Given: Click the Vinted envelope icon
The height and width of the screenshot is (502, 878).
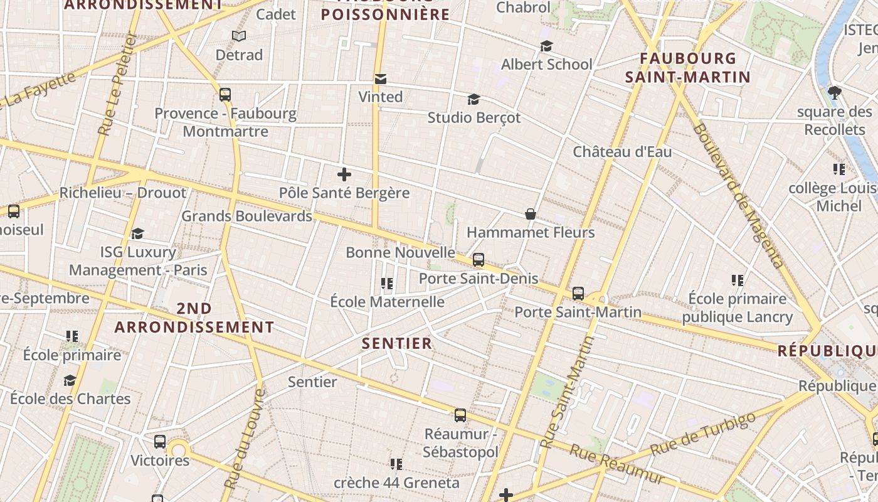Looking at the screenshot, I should pyautogui.click(x=380, y=79).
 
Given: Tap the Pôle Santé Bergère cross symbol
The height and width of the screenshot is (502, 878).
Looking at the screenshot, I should pyautogui.click(x=344, y=175).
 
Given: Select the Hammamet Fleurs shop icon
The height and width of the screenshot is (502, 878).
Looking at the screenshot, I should pyautogui.click(x=531, y=215).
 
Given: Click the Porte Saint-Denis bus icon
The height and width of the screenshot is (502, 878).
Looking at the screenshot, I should pyautogui.click(x=479, y=259).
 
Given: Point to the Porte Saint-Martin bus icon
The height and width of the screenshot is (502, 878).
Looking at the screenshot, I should pyautogui.click(x=578, y=293).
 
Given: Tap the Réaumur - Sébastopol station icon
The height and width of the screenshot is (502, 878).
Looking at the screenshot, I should pyautogui.click(x=460, y=415).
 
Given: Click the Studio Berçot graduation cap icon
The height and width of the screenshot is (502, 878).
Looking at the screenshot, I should pyautogui.click(x=473, y=100).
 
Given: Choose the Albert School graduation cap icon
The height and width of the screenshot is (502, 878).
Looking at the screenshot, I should pyautogui.click(x=546, y=46).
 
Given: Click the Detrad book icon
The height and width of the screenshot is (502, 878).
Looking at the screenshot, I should pyautogui.click(x=238, y=36).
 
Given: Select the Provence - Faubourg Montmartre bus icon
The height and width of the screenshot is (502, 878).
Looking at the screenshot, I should pyautogui.click(x=225, y=95).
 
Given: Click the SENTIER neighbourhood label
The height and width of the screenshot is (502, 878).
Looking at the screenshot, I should pyautogui.click(x=398, y=343).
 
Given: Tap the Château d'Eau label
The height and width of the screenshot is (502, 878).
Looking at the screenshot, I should pyautogui.click(x=622, y=152).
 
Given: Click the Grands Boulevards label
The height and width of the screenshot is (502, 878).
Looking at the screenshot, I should pyautogui.click(x=246, y=216).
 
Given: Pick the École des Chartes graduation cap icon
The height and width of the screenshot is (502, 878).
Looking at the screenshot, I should pyautogui.click(x=70, y=380).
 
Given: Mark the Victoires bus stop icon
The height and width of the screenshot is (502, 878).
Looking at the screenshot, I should pyautogui.click(x=160, y=442).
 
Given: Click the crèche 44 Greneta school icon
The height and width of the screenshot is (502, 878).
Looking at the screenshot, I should pyautogui.click(x=396, y=464).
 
